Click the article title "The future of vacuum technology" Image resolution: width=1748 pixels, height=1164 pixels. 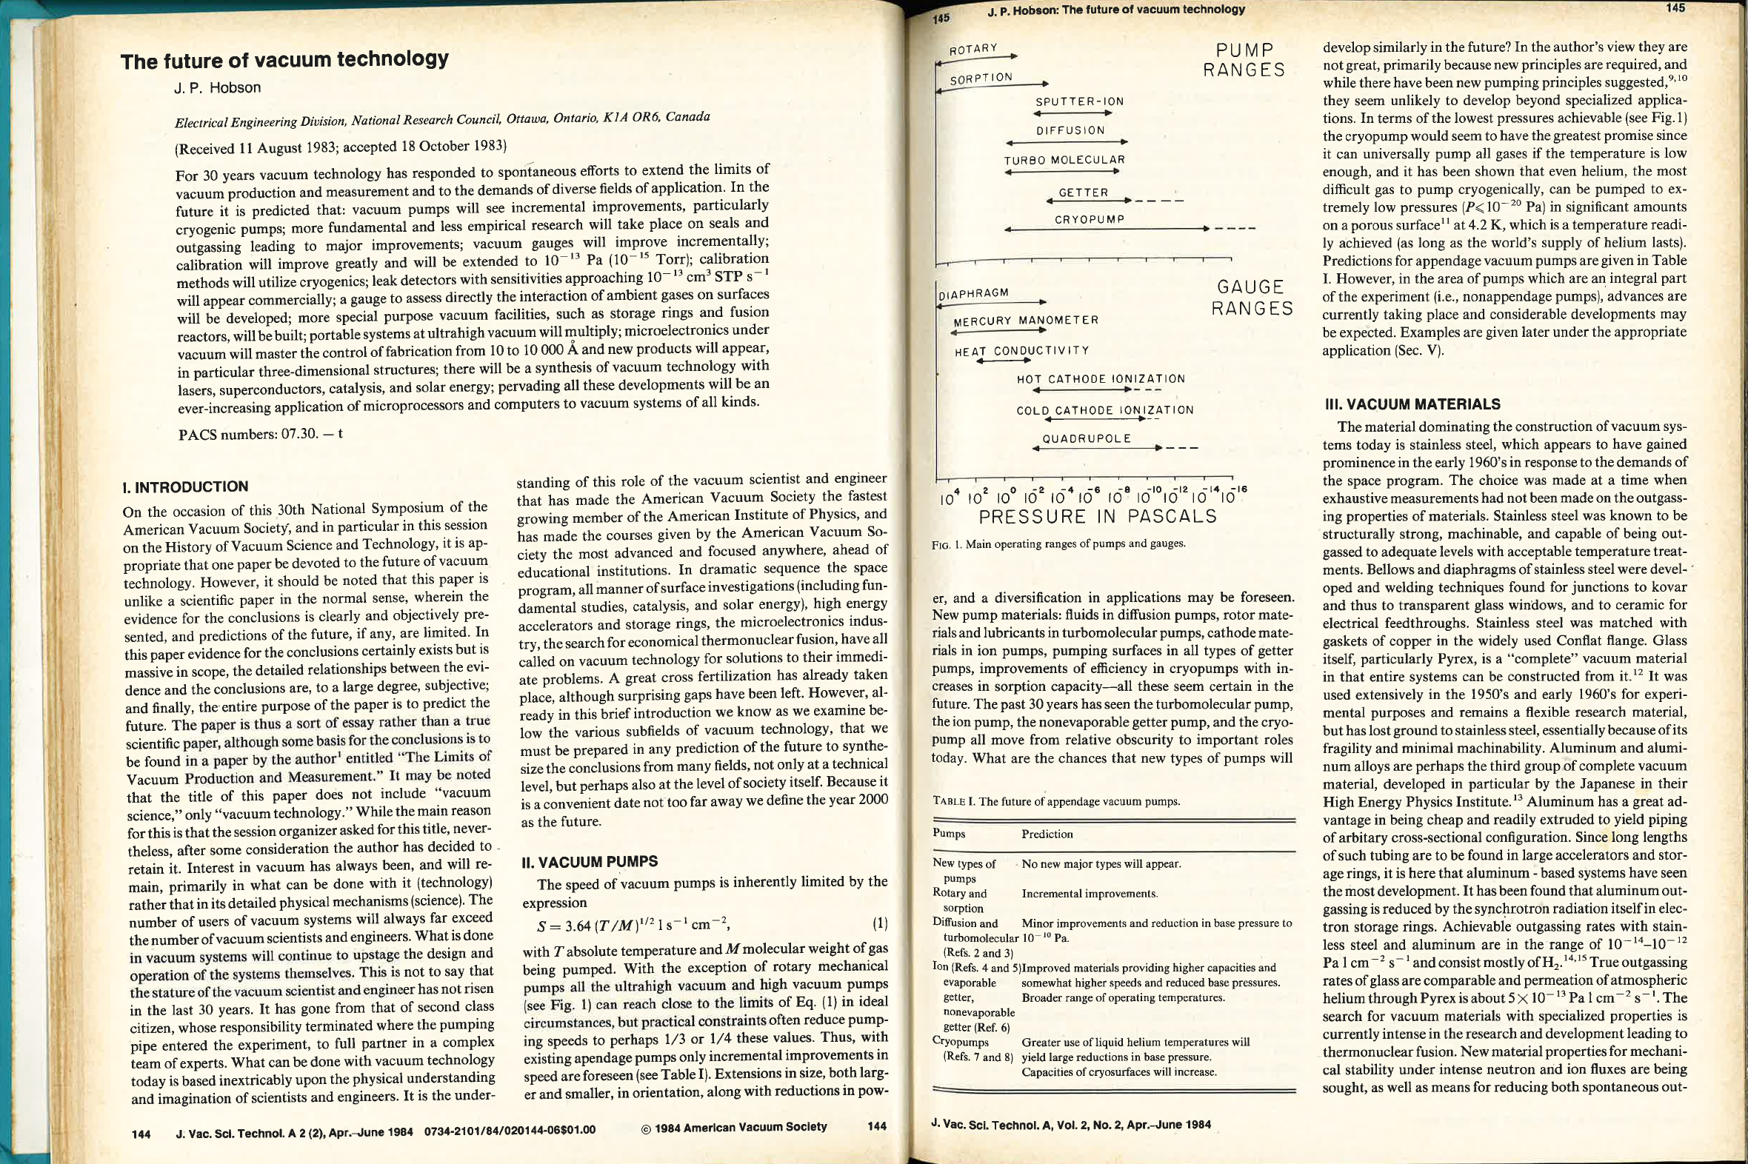pyautogui.click(x=284, y=59)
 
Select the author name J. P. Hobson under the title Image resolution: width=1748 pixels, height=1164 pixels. pyautogui.click(x=217, y=87)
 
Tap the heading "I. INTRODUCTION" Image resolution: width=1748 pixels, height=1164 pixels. pyautogui.click(x=185, y=487)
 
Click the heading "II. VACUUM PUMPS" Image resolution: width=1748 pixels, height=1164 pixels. pyautogui.click(x=590, y=862)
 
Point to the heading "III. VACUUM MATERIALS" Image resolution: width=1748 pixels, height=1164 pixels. pyautogui.click(x=1412, y=404)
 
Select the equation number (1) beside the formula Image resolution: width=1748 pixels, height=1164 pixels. pyautogui.click(x=879, y=924)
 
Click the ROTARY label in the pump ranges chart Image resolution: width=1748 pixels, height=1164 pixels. pyautogui.click(x=973, y=50)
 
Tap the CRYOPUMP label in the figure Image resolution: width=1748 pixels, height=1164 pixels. pyautogui.click(x=1090, y=220)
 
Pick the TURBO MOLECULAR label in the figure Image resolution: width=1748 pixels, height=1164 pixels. pyautogui.click(x=1064, y=160)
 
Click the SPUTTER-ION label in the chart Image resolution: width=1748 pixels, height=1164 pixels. pyautogui.click(x=1080, y=101)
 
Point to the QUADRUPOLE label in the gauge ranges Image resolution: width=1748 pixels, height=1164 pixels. pyautogui.click(x=1087, y=439)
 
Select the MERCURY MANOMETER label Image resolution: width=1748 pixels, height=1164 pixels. pyautogui.click(x=1026, y=321)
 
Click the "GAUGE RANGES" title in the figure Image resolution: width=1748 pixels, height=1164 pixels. pyautogui.click(x=1252, y=297)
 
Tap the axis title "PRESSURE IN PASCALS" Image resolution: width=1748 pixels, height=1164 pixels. pyautogui.click(x=1098, y=517)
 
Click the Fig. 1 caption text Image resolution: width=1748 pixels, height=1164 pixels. pyautogui.click(x=1058, y=543)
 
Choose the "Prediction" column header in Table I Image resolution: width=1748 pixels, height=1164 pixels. pyautogui.click(x=1047, y=834)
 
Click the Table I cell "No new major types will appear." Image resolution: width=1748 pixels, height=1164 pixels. pyautogui.click(x=1101, y=864)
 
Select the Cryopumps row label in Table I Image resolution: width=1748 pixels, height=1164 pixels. pyautogui.click(x=960, y=1043)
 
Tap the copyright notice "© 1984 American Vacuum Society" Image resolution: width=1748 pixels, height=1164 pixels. pyautogui.click(x=734, y=1127)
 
